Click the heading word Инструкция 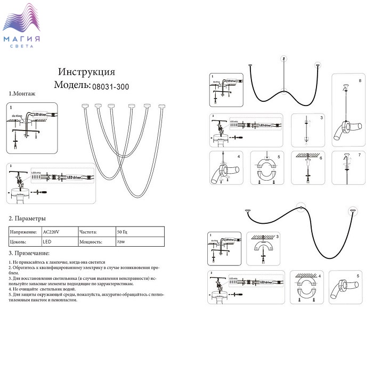86,72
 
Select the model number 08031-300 110,85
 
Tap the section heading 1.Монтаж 22,94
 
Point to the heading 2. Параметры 27,218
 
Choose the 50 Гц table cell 122,232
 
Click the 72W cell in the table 121,241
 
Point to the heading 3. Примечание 29,253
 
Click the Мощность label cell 91,241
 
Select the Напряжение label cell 25,232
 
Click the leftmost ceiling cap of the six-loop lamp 84,106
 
